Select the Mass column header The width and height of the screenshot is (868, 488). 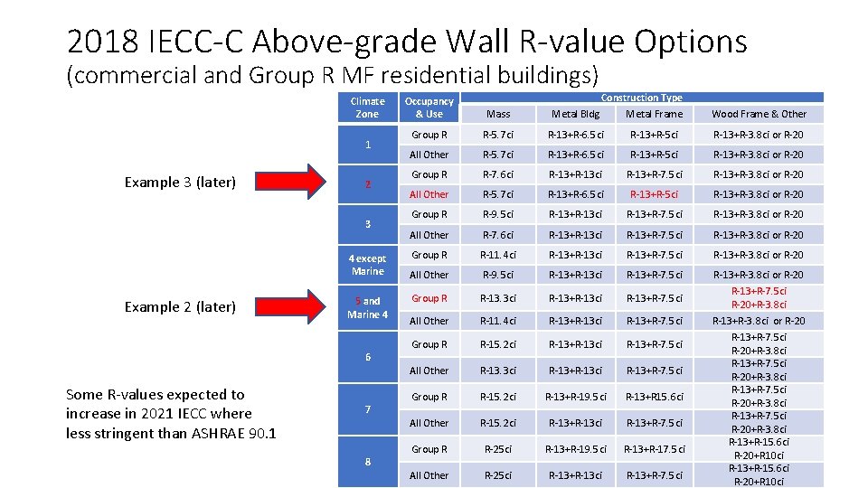pyautogui.click(x=498, y=114)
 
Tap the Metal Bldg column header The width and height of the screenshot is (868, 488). pyautogui.click(x=575, y=114)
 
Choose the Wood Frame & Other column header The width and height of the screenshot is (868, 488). pyautogui.click(x=759, y=114)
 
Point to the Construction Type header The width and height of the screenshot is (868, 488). pyautogui.click(x=642, y=98)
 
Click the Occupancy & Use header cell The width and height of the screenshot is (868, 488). pyautogui.click(x=429, y=108)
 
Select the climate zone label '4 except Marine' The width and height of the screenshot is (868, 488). pyautogui.click(x=367, y=265)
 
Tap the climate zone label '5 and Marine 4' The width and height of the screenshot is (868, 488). pyautogui.click(x=367, y=307)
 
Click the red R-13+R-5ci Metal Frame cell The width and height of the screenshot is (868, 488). pyautogui.click(x=655, y=194)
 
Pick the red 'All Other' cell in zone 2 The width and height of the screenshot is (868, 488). pyautogui.click(x=429, y=194)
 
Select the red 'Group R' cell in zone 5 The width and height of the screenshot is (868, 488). pyautogui.click(x=429, y=298)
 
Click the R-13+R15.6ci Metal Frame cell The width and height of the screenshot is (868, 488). pyautogui.click(x=655, y=397)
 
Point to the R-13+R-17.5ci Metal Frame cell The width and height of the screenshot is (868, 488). pyautogui.click(x=655, y=449)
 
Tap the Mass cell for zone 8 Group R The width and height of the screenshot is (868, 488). pyautogui.click(x=498, y=449)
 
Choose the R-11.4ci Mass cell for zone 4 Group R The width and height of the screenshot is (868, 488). pyautogui.click(x=498, y=255)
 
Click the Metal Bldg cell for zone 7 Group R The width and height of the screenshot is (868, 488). pyautogui.click(x=575, y=397)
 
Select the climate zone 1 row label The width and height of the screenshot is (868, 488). pyautogui.click(x=367, y=145)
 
